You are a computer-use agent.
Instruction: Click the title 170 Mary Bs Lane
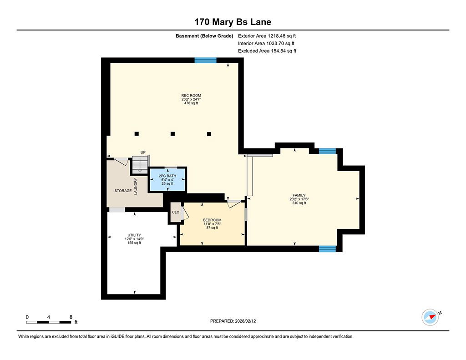pos(233,22)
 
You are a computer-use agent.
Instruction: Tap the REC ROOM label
pos(191,96)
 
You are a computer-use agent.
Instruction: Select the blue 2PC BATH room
pos(167,180)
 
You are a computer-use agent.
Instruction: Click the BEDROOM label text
pos(212,220)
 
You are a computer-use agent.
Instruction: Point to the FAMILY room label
pos(299,195)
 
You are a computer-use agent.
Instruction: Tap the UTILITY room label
pos(134,235)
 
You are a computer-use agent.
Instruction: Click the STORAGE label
pos(123,191)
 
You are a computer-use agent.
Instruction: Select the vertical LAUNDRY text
pos(136,186)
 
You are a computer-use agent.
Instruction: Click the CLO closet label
pos(176,212)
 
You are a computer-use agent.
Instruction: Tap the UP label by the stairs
pos(143,152)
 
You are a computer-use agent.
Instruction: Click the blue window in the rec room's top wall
pos(205,61)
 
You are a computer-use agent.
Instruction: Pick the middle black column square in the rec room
pos(172,134)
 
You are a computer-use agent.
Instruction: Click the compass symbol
pos(430,317)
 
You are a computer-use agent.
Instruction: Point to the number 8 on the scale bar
pos(71,317)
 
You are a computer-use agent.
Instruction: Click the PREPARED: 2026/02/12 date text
pos(233,321)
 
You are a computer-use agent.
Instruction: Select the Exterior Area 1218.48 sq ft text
pos(267,36)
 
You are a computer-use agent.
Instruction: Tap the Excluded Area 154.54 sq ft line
pos(267,51)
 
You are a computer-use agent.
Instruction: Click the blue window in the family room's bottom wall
pos(327,249)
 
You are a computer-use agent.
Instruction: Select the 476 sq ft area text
pos(191,103)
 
